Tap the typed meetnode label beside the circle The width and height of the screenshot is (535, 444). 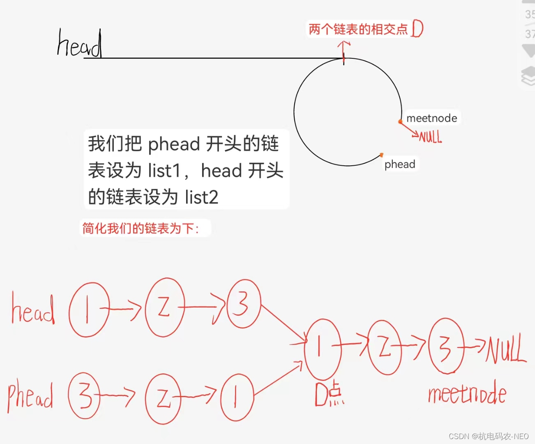pyautogui.click(x=431, y=118)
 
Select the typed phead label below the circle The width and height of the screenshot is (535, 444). pyautogui.click(x=400, y=164)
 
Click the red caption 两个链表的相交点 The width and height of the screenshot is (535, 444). pyautogui.click(x=358, y=29)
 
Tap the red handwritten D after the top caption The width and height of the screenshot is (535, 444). pyautogui.click(x=417, y=29)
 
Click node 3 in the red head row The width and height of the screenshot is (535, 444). pyautogui.click(x=243, y=304)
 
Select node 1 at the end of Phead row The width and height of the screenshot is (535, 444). pyautogui.click(x=237, y=397)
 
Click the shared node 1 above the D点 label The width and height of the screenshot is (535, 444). pyautogui.click(x=322, y=349)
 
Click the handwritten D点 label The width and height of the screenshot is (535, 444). pyautogui.click(x=329, y=394)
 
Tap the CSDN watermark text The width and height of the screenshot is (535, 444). pyautogui.click(x=489, y=436)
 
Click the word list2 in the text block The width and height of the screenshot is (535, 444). pyautogui.click(x=201, y=197)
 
